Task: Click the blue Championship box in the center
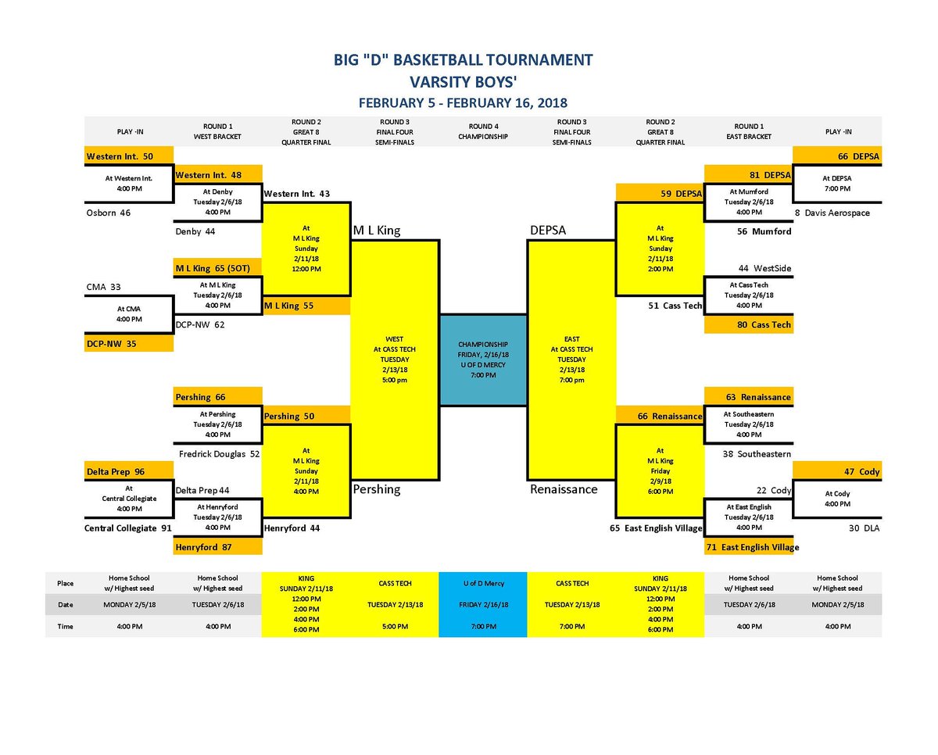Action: click(483, 360)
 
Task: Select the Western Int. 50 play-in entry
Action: click(120, 156)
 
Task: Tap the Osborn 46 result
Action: click(109, 212)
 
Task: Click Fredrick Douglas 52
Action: click(218, 453)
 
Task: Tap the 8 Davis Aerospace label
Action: click(832, 213)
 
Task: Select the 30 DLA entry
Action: click(863, 529)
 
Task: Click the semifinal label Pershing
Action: click(377, 489)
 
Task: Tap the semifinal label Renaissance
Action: click(564, 489)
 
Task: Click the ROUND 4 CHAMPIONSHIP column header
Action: click(483, 131)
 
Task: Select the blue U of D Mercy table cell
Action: click(483, 583)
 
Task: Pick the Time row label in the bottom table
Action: click(66, 626)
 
